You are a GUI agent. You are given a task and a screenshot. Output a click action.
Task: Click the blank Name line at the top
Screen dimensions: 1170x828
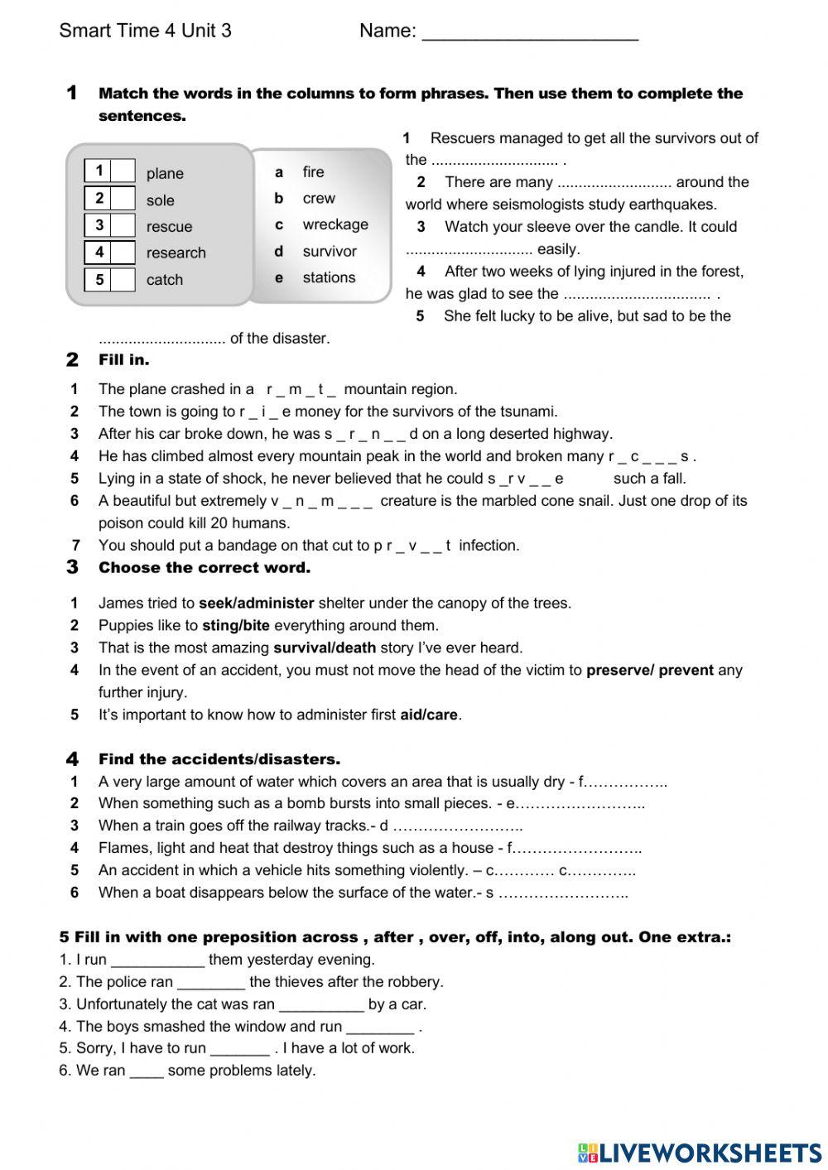pos(530,33)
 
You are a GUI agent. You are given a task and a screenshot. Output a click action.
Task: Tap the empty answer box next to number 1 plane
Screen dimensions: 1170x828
pos(123,171)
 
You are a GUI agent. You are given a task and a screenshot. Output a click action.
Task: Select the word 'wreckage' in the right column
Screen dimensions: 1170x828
pos(335,224)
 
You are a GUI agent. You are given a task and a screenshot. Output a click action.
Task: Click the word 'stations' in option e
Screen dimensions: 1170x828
pos(329,277)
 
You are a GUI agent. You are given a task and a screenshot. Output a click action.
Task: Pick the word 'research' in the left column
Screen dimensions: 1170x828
pos(176,253)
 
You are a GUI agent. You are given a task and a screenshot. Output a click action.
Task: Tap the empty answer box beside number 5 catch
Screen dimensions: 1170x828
pos(123,279)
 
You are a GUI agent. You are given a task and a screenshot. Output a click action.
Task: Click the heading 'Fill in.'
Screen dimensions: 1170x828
pos(123,359)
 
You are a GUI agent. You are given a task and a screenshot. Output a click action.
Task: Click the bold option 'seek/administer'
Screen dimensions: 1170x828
pos(256,603)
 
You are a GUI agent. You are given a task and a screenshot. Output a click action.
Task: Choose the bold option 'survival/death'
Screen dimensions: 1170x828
pos(325,648)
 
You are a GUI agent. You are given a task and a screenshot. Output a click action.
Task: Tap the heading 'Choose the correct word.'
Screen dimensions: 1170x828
pos(204,567)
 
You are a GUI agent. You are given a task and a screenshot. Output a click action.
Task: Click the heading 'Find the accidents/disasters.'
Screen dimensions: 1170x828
pos(219,758)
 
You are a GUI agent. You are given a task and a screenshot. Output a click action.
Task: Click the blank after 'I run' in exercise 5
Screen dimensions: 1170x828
pos(157,961)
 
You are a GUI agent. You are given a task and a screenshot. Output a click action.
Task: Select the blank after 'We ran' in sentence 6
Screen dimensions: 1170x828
pos(147,1071)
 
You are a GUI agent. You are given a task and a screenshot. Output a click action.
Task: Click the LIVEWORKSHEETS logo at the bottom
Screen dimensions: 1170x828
pos(700,1152)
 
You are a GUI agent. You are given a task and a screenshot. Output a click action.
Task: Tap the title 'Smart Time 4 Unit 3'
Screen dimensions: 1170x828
pos(145,31)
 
